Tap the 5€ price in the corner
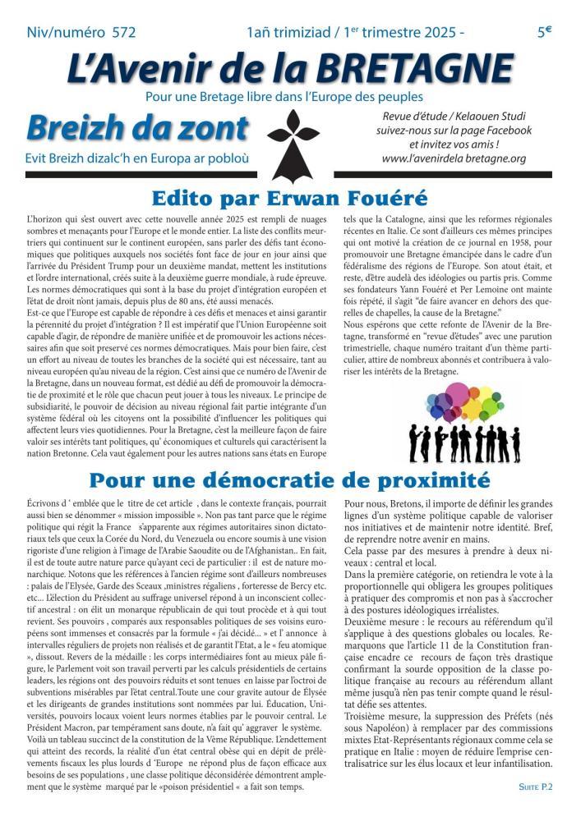pos(544,32)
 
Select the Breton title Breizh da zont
pos(137,129)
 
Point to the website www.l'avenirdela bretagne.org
pos(454,158)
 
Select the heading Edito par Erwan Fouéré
pos(290,198)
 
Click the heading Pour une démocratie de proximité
pos(289,479)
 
